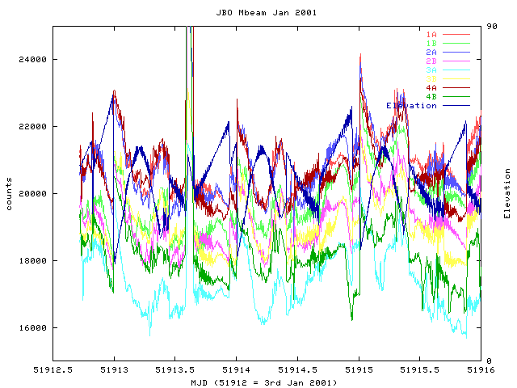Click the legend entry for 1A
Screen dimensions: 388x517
pyautogui.click(x=432, y=34)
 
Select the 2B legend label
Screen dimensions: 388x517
pyautogui.click(x=432, y=61)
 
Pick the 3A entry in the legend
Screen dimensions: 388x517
pyautogui.click(x=432, y=70)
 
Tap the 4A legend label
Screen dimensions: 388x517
pyautogui.click(x=432, y=87)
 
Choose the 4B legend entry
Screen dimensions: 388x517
pyautogui.click(x=432, y=96)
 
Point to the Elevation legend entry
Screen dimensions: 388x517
pyautogui.click(x=411, y=105)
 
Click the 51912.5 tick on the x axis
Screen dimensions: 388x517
pyautogui.click(x=53, y=370)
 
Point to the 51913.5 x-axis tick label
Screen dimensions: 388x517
pyautogui.click(x=175, y=370)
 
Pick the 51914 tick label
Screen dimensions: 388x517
pyautogui.click(x=237, y=370)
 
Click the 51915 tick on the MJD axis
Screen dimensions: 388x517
pyautogui.click(x=359, y=370)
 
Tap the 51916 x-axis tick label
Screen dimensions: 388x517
pyautogui.click(x=481, y=370)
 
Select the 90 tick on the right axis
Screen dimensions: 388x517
pyautogui.click(x=491, y=27)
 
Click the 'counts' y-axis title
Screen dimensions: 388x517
pyautogui.click(x=9, y=194)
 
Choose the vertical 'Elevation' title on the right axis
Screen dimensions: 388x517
pyautogui.click(x=507, y=194)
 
